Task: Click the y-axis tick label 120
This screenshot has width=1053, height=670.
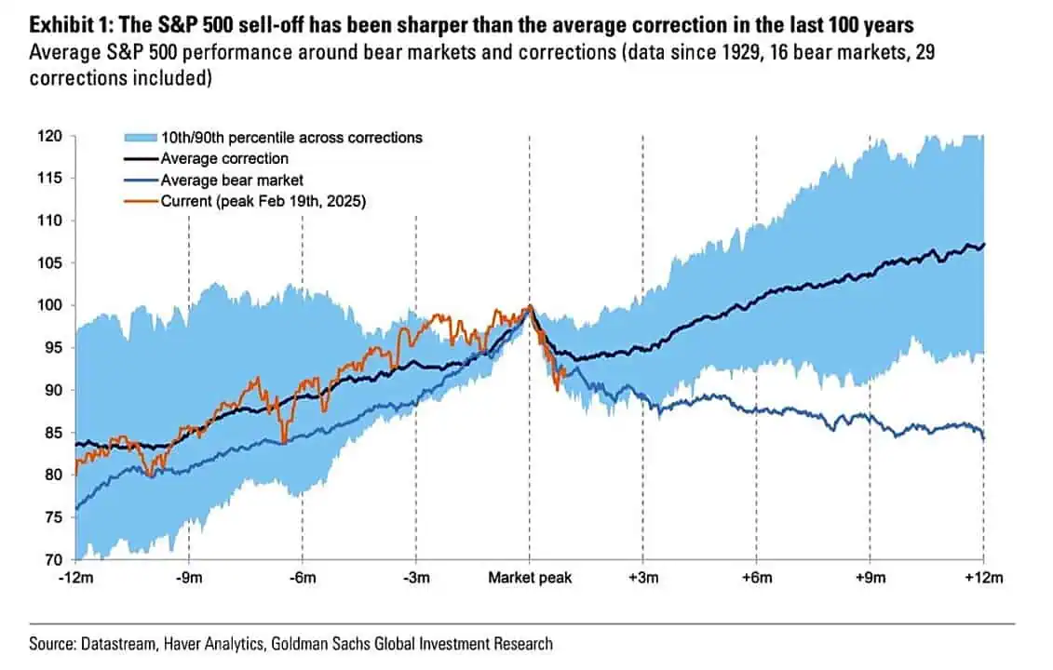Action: (49, 137)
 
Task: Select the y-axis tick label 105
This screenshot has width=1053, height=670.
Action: (49, 263)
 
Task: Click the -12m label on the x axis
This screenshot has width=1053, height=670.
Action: (75, 578)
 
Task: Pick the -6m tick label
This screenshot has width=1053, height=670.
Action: (303, 578)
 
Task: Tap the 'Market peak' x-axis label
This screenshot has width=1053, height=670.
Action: (530, 578)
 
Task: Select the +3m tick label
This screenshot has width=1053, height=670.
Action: (643, 578)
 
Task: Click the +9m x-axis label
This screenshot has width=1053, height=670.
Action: (871, 578)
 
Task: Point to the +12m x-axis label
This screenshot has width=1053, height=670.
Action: (983, 578)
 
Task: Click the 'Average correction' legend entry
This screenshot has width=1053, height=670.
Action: (224, 158)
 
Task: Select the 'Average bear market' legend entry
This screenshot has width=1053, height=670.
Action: (232, 180)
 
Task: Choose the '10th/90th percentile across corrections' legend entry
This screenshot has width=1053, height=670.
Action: (291, 138)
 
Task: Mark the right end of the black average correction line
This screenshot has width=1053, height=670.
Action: (984, 245)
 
